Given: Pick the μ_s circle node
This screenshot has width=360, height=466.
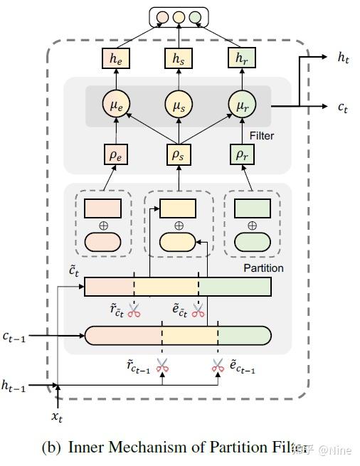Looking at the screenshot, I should coord(178,107).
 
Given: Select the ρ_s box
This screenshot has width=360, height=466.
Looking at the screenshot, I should coord(178,153).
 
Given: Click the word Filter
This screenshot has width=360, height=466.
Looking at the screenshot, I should coord(261,136).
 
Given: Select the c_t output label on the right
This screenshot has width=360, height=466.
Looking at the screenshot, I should coord(342,107).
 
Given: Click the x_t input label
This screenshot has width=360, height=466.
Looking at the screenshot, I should coord(58,413).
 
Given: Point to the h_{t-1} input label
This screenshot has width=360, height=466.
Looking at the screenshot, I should coord(14,386).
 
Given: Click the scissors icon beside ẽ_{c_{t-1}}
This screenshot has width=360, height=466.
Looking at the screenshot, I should coord(218,366).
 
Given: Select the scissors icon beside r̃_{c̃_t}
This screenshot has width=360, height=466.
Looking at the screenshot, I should coord(134,309).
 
